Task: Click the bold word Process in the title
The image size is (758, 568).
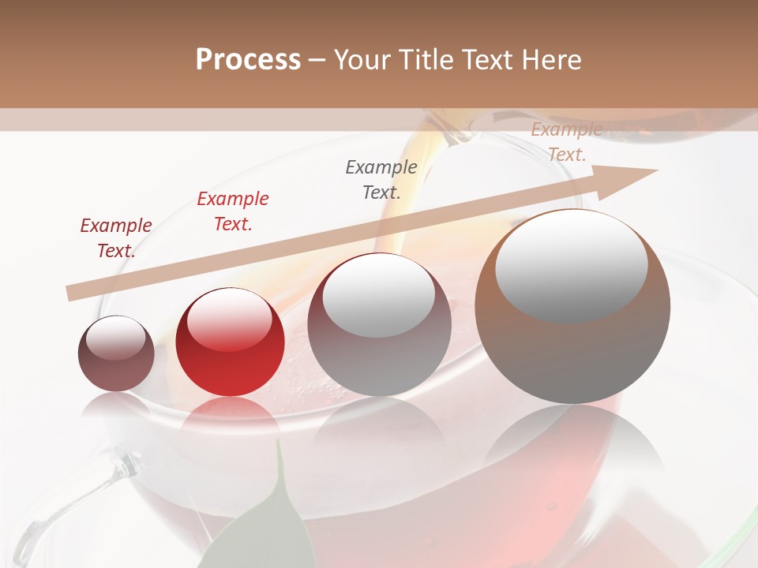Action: click(248, 59)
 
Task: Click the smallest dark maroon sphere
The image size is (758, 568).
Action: click(116, 353)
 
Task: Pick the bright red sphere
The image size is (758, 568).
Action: click(230, 342)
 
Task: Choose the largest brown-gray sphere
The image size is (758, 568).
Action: click(572, 306)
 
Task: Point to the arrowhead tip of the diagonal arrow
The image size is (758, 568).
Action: click(657, 170)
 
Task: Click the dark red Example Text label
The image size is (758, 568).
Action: click(116, 238)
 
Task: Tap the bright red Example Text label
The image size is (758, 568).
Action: click(233, 211)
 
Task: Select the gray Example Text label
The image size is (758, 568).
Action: click(381, 179)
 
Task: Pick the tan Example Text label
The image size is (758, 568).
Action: click(566, 142)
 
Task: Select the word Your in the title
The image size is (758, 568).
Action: click(360, 59)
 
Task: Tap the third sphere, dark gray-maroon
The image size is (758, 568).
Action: click(379, 324)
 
